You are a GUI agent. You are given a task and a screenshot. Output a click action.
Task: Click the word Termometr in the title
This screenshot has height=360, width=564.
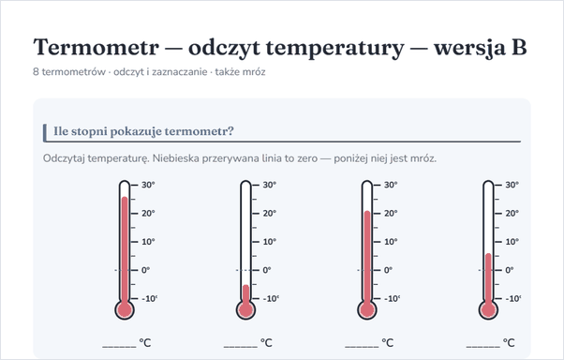96,47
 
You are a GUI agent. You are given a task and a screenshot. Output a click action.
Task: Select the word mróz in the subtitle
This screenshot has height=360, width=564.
254,72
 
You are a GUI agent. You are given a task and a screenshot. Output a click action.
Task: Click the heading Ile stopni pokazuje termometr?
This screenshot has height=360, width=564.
143,131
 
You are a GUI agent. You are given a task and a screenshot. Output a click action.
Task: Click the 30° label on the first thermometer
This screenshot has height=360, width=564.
148,185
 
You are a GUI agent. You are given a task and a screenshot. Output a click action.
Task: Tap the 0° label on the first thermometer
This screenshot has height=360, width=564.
145,270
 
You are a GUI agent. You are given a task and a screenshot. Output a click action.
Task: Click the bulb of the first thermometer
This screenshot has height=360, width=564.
125,309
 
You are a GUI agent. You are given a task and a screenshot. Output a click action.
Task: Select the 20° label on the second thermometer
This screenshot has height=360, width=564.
270,213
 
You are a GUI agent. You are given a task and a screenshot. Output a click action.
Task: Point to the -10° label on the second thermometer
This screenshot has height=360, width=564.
271,299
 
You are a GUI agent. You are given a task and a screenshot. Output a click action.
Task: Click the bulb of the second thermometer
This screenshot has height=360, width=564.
245,309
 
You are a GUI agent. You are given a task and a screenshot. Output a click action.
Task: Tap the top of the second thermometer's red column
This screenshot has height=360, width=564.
245,285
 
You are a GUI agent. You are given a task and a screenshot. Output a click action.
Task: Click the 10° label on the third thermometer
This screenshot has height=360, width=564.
391,242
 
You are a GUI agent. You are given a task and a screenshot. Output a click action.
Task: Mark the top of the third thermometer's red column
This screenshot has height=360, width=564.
367,211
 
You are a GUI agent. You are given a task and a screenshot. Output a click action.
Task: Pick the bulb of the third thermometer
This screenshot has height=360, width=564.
367,309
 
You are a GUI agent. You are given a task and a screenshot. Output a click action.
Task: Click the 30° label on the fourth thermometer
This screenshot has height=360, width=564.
512,185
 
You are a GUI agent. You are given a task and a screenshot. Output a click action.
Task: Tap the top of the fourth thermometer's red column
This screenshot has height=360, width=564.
488,254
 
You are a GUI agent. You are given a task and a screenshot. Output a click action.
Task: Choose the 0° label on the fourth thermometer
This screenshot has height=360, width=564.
510,270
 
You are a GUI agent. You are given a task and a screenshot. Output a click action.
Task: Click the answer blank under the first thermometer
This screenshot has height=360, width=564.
119,347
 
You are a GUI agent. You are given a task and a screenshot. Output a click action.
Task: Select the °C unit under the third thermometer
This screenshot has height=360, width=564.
387,343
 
